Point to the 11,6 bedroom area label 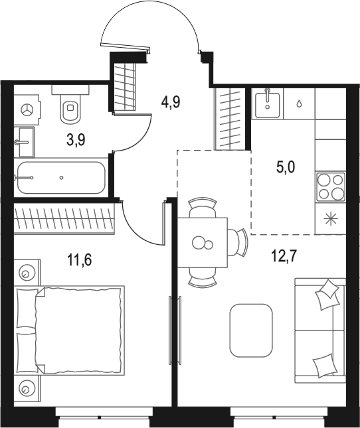pyautogui.click(x=78, y=259)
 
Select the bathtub pyautogui.click(x=60, y=177)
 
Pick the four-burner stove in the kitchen pyautogui.click(x=330, y=186)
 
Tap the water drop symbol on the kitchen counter pyautogui.click(x=300, y=104)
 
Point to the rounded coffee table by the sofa pyautogui.click(x=251, y=330)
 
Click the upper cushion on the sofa pyautogui.click(x=328, y=295)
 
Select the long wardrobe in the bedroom pyautogui.click(x=64, y=218)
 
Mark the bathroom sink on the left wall pyautogui.click(x=25, y=141)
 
